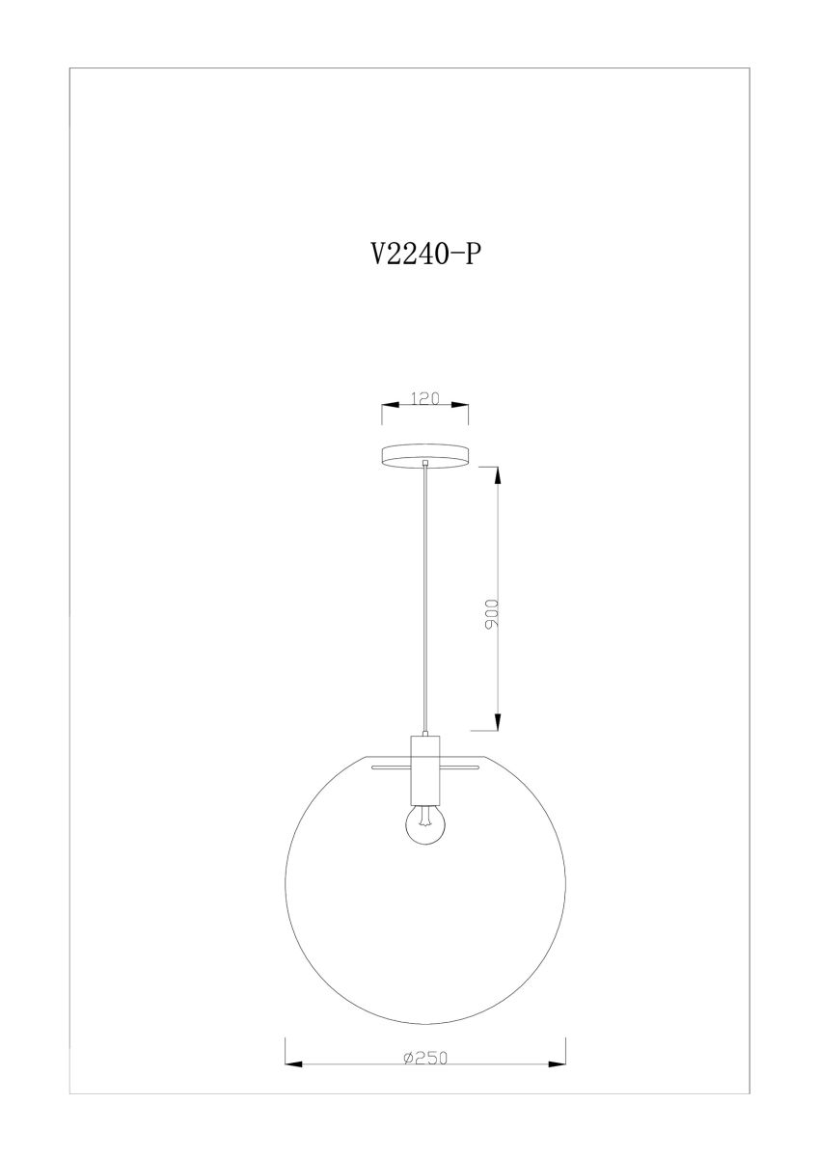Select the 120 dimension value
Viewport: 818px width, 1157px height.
(424, 398)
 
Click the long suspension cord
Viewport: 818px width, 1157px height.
(424, 599)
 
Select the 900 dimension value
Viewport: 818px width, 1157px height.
(491, 613)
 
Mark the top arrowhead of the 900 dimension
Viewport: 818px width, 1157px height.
(498, 475)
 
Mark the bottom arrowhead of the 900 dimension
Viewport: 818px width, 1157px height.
(498, 721)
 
